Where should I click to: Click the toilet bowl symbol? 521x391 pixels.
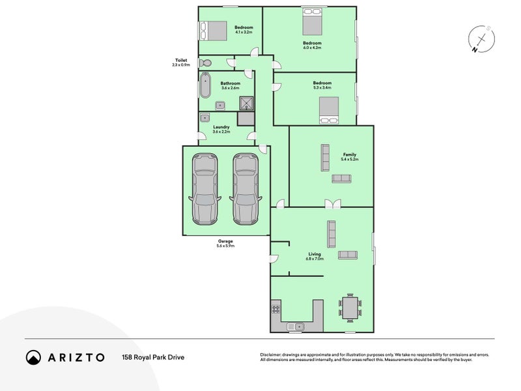[x=204, y=63]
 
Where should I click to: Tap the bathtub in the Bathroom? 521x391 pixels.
[x=205, y=85]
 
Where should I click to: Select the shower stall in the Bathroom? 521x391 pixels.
[x=247, y=104]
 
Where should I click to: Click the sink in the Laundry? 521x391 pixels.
[x=205, y=118]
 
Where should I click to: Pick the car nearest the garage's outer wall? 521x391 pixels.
[x=205, y=189]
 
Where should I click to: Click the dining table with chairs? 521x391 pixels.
[x=350, y=308]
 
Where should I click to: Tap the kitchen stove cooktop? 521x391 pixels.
[x=275, y=309]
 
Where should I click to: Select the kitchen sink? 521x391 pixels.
[x=296, y=327]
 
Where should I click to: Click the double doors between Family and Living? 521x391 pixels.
[x=333, y=204]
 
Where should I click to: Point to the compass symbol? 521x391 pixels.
[x=481, y=39]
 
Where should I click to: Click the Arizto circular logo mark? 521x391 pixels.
[x=34, y=357]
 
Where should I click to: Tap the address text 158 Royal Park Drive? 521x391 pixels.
[x=153, y=357]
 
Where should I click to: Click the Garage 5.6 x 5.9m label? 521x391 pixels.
[x=225, y=243]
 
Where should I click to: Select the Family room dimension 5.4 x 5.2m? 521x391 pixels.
[x=350, y=159]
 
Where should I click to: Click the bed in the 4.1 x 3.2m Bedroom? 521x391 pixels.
[x=213, y=31]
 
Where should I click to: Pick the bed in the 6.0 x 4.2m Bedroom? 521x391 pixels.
[x=313, y=22]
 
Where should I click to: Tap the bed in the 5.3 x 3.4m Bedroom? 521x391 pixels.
[x=329, y=110]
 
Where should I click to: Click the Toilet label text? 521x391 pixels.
[x=181, y=60]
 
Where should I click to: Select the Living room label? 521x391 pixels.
[x=315, y=254]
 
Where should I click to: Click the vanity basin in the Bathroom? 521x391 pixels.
[x=220, y=106]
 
